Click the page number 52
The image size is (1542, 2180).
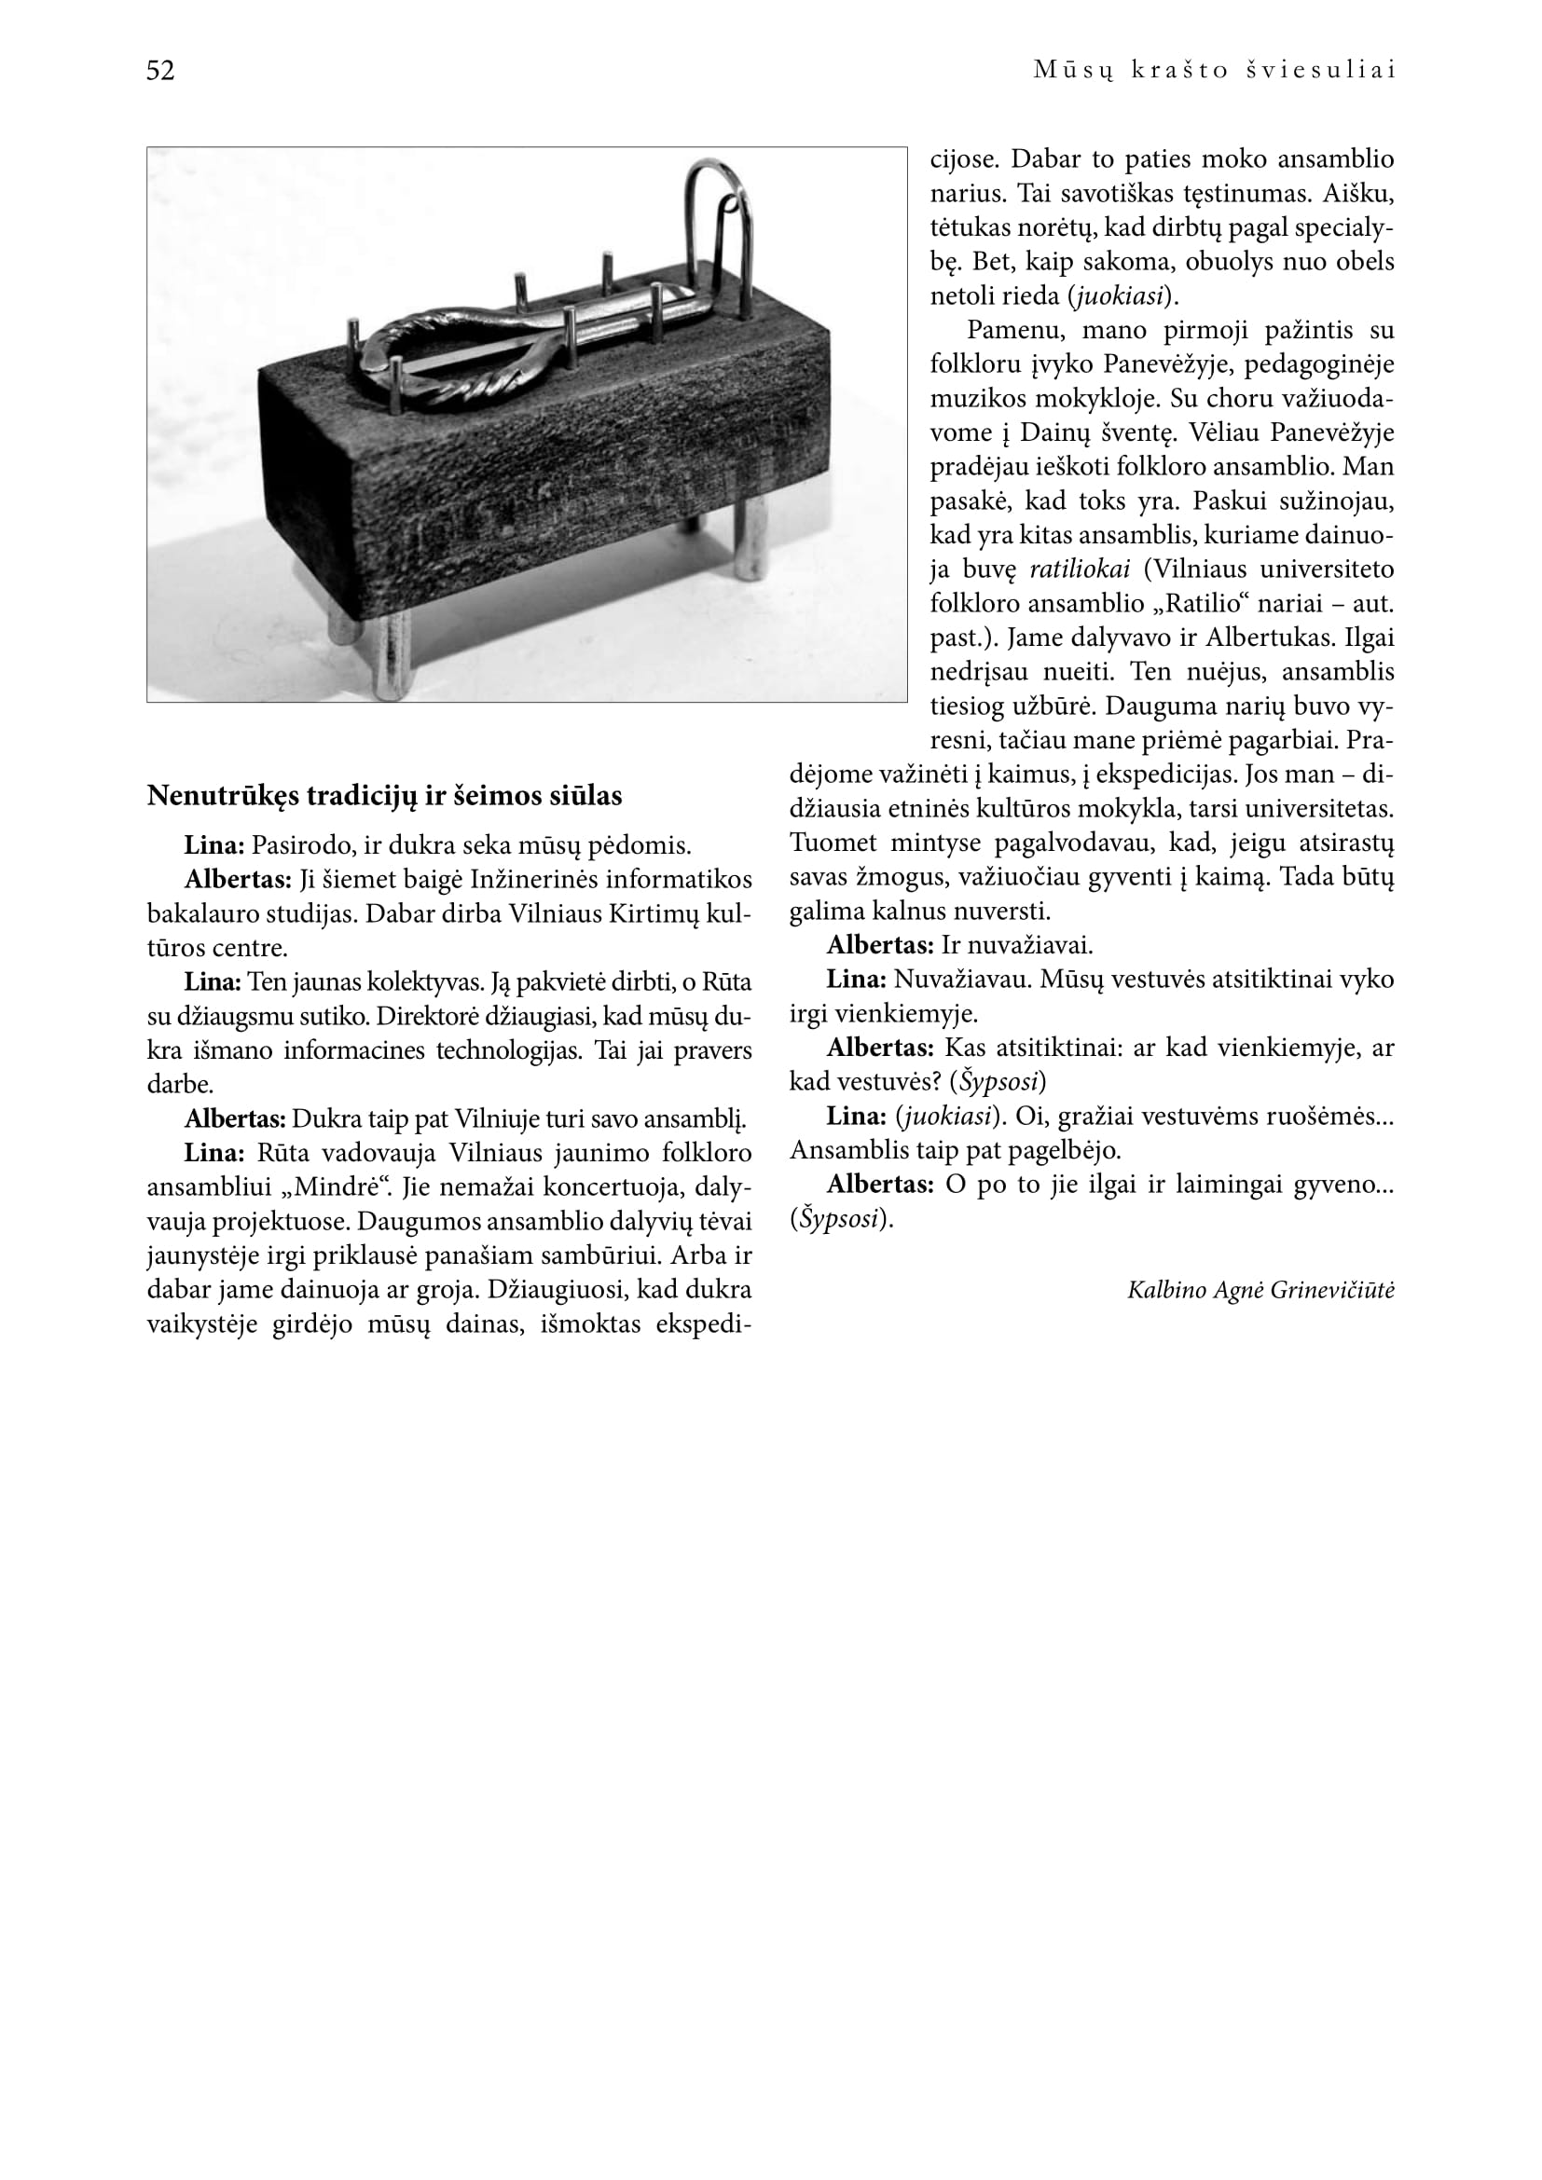160,71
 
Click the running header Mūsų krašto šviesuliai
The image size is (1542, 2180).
1215,70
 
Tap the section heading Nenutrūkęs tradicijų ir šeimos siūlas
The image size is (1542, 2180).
384,796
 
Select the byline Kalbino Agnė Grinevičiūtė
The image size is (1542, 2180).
1260,1290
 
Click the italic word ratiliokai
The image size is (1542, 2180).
1080,569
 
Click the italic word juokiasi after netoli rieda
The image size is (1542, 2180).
1120,296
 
